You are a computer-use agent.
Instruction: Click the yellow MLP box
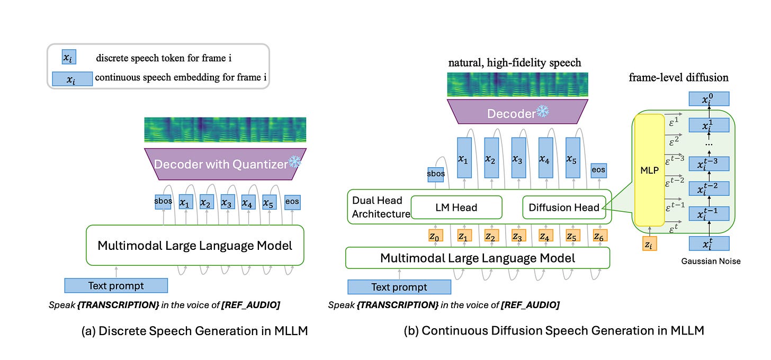[x=649, y=170]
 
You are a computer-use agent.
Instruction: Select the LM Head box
[x=456, y=207]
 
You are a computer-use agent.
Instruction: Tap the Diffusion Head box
[x=564, y=207]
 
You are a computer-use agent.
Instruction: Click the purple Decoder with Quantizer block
[x=225, y=164]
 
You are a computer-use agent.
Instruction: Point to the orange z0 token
[x=435, y=236]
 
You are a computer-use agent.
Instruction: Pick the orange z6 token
[x=600, y=236]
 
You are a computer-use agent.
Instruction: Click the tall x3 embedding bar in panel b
[x=518, y=158]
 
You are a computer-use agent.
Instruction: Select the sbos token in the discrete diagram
[x=163, y=202]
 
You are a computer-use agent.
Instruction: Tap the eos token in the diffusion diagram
[x=598, y=170]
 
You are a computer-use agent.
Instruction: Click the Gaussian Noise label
[x=711, y=261]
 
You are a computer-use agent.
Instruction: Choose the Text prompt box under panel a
[x=116, y=286]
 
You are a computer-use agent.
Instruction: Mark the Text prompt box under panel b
[x=399, y=287]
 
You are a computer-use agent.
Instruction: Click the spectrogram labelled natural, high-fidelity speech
[x=517, y=85]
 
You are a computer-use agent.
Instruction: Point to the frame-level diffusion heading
[x=678, y=77]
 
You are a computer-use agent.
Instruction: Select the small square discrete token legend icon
[x=69, y=57]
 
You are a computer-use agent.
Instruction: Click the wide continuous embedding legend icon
[x=72, y=79]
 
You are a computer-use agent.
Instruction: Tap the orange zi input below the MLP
[x=649, y=244]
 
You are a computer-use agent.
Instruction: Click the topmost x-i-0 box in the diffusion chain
[x=709, y=99]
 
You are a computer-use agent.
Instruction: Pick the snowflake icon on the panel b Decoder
[x=542, y=111]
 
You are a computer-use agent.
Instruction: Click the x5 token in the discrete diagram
[x=269, y=202]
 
